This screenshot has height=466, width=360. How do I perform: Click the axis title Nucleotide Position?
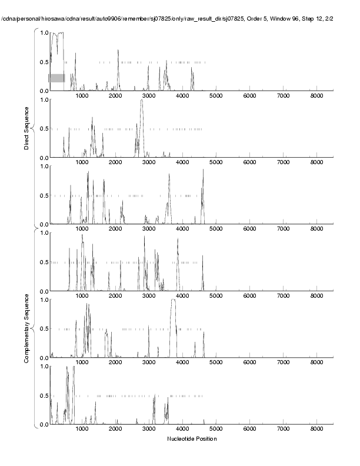point(192,439)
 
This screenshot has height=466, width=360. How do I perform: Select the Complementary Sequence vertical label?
point(27,326)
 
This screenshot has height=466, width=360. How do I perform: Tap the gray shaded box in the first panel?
point(56,78)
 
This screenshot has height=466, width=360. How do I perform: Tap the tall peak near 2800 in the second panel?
point(142,101)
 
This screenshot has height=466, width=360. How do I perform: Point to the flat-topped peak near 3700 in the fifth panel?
point(173,301)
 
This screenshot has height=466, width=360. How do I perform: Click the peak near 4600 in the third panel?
point(203,171)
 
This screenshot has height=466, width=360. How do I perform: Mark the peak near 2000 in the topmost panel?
point(118,51)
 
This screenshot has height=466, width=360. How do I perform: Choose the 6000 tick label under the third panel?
point(249,229)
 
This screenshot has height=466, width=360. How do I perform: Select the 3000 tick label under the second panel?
point(149,162)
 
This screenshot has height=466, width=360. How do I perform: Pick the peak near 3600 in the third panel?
point(169,175)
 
